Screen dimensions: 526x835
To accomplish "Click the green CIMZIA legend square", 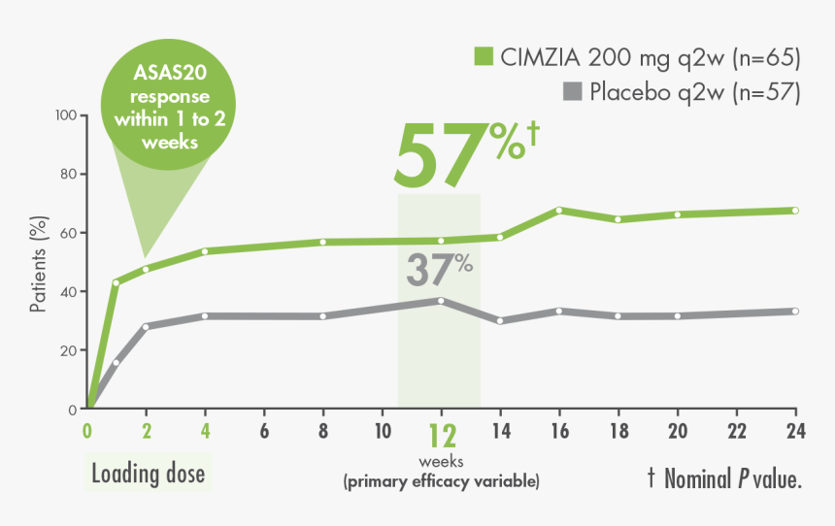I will click(483, 57).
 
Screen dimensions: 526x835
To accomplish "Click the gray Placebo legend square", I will click(572, 92).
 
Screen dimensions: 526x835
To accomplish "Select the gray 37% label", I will click(438, 270).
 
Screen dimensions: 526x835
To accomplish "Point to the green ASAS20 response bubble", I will click(170, 108).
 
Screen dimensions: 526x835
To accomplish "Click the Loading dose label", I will click(149, 475).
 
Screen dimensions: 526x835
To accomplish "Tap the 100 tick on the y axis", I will click(66, 115).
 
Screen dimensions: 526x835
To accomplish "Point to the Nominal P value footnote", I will click(723, 477).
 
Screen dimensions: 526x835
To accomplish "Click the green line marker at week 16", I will click(558, 211).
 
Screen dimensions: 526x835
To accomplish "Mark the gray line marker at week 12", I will click(441, 301).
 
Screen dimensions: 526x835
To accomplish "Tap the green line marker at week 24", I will click(794, 211).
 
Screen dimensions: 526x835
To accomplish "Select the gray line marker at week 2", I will click(147, 326).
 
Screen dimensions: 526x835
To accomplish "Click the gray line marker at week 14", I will click(499, 320).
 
